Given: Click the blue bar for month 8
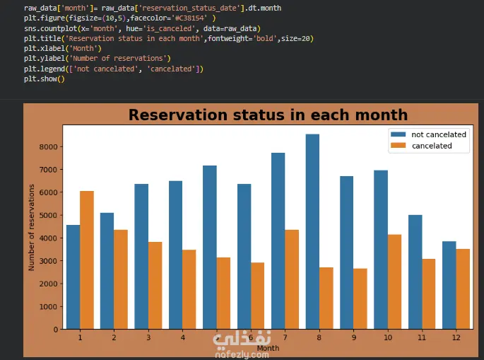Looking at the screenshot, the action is (312, 231).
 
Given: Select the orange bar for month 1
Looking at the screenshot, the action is (87, 260).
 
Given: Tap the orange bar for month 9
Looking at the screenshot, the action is (360, 298).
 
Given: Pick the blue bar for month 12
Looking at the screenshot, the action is (449, 285).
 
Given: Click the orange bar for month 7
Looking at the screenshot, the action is (292, 279).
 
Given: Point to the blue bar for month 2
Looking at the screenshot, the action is (107, 271).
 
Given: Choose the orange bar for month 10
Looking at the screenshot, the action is (394, 281).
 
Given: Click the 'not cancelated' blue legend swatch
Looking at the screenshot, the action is (399, 134).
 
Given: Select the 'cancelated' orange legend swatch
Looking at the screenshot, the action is (399, 146).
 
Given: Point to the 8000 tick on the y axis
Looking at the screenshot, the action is (49, 147).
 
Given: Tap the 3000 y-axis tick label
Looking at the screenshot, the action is (49, 261).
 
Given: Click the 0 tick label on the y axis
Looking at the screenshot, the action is (56, 330).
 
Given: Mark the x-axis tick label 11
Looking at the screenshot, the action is (422, 337).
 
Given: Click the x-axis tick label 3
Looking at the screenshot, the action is (148, 337).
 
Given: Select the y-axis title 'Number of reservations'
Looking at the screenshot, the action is (31, 228).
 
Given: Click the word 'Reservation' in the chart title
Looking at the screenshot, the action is (179, 115).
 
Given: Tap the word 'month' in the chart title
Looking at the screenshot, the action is (382, 115).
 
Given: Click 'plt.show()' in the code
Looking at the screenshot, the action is (45, 79).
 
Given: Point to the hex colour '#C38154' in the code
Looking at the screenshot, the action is (189, 18).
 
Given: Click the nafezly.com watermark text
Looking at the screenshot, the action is (242, 354).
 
